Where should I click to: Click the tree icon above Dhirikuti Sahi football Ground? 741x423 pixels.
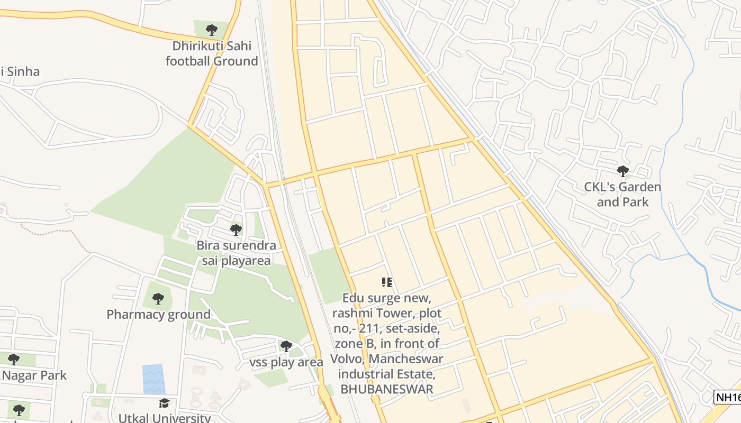point(211,30)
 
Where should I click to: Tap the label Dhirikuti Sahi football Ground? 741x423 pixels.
point(212,53)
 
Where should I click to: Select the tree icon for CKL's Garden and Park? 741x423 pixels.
point(622,171)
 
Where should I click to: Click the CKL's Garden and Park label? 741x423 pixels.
point(622,194)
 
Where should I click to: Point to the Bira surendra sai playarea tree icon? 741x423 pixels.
point(236,230)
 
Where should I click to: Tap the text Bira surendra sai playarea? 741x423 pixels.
point(236,253)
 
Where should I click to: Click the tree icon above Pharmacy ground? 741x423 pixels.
point(158,299)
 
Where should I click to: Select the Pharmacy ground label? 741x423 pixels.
point(159,315)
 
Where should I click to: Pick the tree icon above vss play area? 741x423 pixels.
point(286,346)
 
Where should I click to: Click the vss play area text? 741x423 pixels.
point(286,362)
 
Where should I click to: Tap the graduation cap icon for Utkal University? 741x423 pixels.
point(164,403)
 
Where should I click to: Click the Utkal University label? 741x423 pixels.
point(164,418)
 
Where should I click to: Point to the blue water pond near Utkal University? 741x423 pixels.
point(153,379)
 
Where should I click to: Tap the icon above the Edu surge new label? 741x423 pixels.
point(386,283)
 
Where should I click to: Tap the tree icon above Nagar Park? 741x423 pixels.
point(13,360)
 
